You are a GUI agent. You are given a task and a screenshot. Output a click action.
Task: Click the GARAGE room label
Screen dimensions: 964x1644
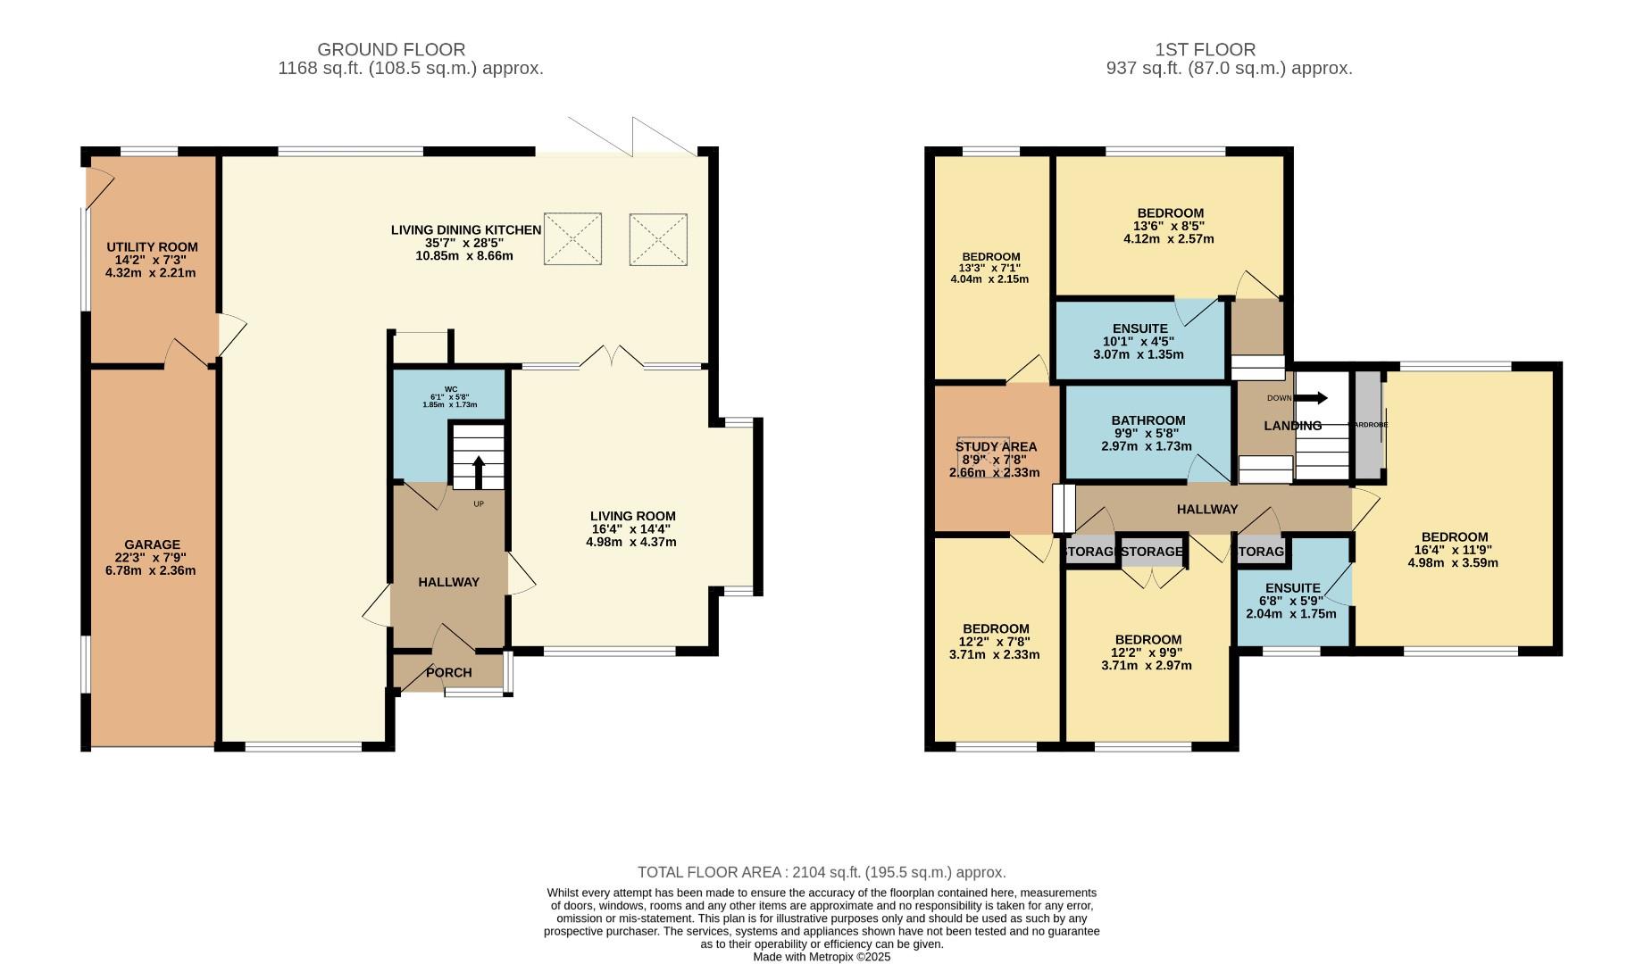coord(152,544)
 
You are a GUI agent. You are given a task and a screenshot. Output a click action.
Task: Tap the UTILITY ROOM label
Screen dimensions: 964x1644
coord(152,247)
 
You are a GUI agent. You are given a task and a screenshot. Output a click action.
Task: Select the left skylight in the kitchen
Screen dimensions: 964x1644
coord(572,239)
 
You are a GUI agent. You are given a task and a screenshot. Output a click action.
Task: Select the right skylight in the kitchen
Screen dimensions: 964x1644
coord(658,239)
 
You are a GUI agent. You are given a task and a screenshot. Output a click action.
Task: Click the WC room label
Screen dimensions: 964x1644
coord(450,389)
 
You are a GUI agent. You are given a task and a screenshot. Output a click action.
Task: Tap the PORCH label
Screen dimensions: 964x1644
coord(448,673)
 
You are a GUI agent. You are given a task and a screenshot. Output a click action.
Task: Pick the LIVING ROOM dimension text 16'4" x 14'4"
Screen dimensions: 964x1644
coord(631,529)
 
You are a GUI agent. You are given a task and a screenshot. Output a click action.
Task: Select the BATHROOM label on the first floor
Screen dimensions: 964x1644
coord(1148,420)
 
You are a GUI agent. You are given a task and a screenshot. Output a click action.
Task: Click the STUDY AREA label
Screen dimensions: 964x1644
coord(996,447)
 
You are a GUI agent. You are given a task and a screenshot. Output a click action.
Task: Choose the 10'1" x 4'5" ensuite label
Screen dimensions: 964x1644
coord(1139,341)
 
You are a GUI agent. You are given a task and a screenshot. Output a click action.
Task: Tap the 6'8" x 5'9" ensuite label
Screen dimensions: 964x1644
coord(1291,601)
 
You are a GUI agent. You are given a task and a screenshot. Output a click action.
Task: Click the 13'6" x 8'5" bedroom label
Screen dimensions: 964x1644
coord(1169,226)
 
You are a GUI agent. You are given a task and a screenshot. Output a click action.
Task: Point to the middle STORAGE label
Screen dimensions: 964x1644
coord(1151,553)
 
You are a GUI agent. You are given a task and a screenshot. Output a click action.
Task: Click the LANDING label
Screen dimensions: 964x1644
coord(1292,426)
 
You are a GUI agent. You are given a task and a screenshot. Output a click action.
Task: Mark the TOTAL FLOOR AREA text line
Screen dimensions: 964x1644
coord(822,872)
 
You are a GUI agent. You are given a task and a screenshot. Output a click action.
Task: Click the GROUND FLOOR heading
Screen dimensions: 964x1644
coord(391,50)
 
